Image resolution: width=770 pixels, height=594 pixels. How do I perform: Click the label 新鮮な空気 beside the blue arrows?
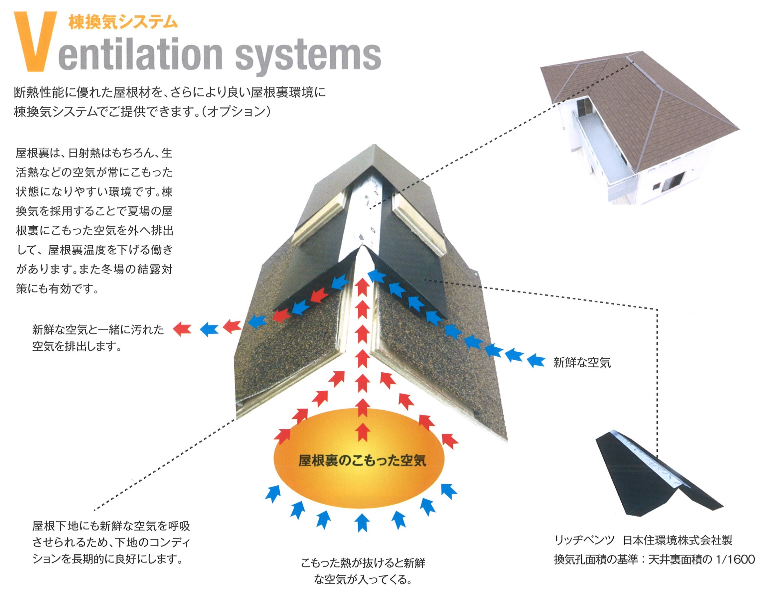582,363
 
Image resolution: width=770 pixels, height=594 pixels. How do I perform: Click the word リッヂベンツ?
584,540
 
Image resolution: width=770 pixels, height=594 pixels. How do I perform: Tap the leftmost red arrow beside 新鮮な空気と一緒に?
182,329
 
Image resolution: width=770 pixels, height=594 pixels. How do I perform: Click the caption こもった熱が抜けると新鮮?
363,563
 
